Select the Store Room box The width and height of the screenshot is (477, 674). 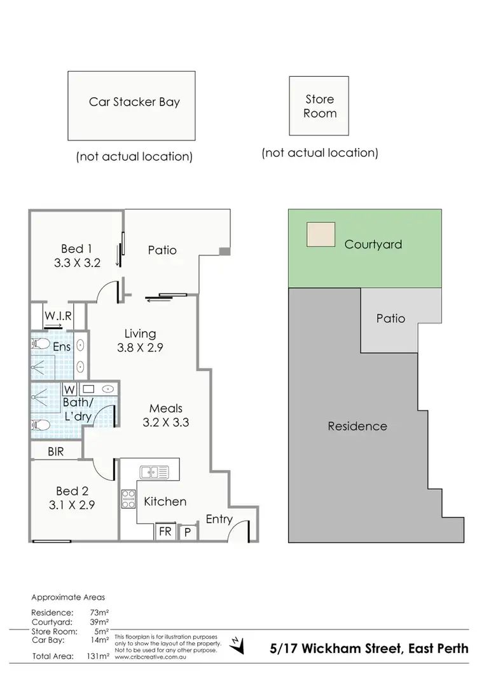click(319, 106)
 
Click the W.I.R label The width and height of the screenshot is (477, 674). click(57, 316)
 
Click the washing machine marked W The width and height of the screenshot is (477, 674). click(69, 389)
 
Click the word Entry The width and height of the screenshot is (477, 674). click(219, 519)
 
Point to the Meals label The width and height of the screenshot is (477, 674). click(166, 408)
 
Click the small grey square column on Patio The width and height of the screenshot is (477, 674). click(223, 252)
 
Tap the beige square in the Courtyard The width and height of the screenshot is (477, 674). click(320, 234)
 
